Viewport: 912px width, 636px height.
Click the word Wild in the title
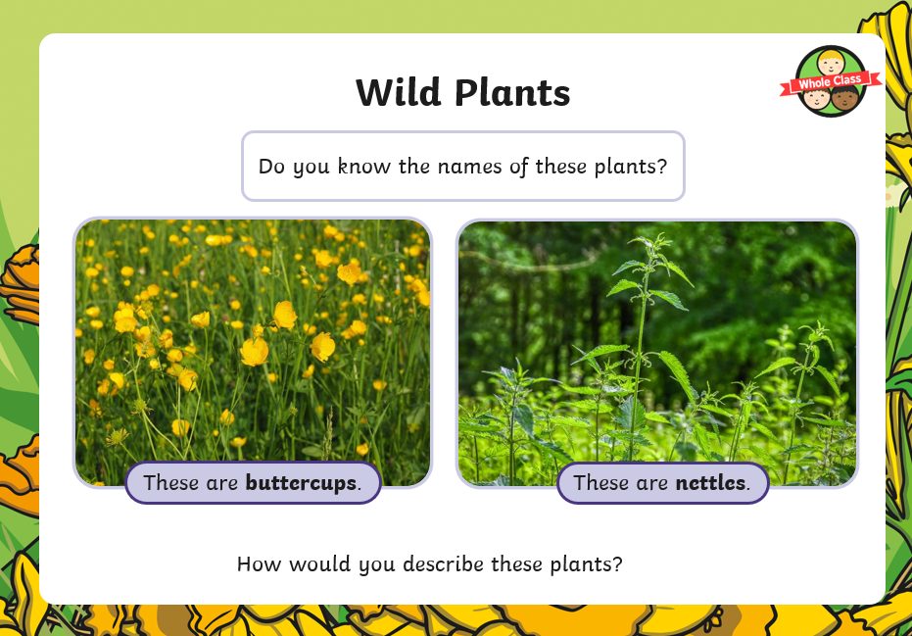[x=399, y=92]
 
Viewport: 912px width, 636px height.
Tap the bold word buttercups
[x=301, y=483]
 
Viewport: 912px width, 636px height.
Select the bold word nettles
[x=710, y=483]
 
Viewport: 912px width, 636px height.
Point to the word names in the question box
[x=469, y=167]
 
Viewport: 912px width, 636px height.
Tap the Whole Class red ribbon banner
[x=831, y=82]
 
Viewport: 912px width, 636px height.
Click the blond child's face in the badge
[x=830, y=63]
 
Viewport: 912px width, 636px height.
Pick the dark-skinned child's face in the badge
[x=844, y=98]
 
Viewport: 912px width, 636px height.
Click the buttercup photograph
[x=253, y=352]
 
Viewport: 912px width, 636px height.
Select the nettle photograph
[x=657, y=353]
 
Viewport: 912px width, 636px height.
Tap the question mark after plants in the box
[x=661, y=167]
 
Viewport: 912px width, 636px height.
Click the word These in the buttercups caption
[x=171, y=483]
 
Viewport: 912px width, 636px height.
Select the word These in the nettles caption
[x=600, y=483]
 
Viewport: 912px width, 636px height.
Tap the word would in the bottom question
[x=320, y=563]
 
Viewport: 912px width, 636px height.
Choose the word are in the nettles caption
[x=652, y=484]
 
